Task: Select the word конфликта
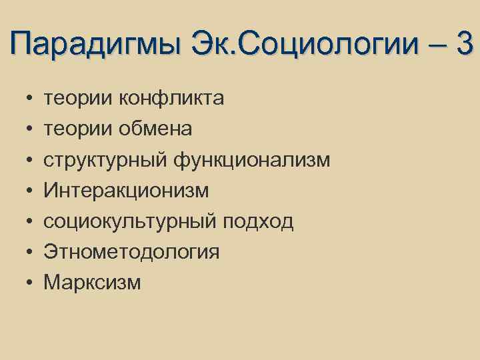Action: pyautogui.click(x=171, y=99)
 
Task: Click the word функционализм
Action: pyautogui.click(x=251, y=160)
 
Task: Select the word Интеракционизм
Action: pyautogui.click(x=126, y=191)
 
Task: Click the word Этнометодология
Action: pyautogui.click(x=131, y=252)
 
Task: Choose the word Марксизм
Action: pyautogui.click(x=92, y=282)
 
